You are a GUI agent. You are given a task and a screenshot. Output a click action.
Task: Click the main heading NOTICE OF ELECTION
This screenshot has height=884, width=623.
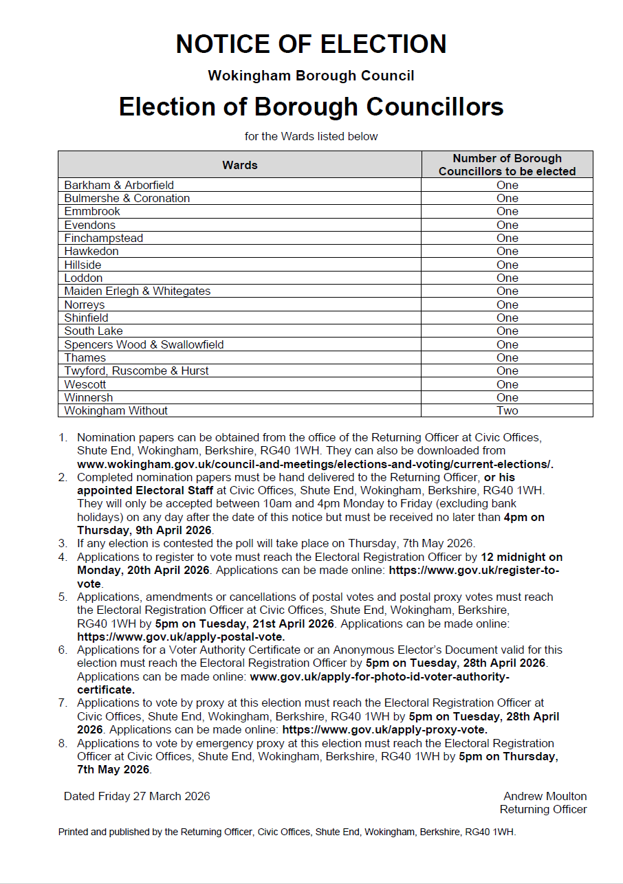click(311, 44)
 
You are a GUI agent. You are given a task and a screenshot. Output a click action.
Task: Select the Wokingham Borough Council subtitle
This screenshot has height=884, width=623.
click(311, 76)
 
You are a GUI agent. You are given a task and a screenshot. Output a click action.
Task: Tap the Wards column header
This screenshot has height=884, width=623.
click(240, 165)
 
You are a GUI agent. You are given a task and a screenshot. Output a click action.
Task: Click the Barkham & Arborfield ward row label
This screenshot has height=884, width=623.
click(119, 185)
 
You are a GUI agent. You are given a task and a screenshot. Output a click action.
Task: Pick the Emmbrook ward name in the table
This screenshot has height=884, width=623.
click(92, 211)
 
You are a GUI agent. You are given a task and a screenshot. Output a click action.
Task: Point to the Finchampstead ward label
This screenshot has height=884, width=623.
click(104, 238)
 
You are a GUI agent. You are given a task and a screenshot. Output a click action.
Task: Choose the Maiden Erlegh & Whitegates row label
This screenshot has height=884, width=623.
click(138, 291)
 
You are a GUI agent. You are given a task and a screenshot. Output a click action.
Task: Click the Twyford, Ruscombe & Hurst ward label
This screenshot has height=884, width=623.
click(136, 371)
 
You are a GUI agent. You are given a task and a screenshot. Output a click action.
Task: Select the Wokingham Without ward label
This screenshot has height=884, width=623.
click(116, 410)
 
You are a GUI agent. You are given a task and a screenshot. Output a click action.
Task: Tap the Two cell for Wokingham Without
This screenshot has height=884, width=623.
click(507, 410)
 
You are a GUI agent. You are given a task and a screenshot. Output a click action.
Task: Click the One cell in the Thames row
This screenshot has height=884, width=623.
click(507, 357)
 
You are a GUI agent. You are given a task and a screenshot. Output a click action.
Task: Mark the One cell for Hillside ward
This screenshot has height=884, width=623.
click(507, 265)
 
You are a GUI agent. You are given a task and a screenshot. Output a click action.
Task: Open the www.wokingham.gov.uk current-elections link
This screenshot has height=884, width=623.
click(315, 464)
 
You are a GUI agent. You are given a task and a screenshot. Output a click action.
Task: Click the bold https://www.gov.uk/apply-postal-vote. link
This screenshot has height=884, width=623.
click(181, 637)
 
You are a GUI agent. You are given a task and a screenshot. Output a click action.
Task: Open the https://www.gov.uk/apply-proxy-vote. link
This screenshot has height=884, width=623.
click(384, 729)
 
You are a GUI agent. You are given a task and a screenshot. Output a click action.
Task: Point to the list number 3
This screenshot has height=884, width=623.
click(63, 543)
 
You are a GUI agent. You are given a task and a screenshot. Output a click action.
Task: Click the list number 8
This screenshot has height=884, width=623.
click(63, 743)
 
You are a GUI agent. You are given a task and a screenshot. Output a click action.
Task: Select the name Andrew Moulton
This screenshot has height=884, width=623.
click(545, 796)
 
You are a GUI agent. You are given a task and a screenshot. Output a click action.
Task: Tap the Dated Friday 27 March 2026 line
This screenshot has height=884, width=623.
click(137, 796)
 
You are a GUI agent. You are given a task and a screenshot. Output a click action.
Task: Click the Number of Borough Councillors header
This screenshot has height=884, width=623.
click(507, 165)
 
